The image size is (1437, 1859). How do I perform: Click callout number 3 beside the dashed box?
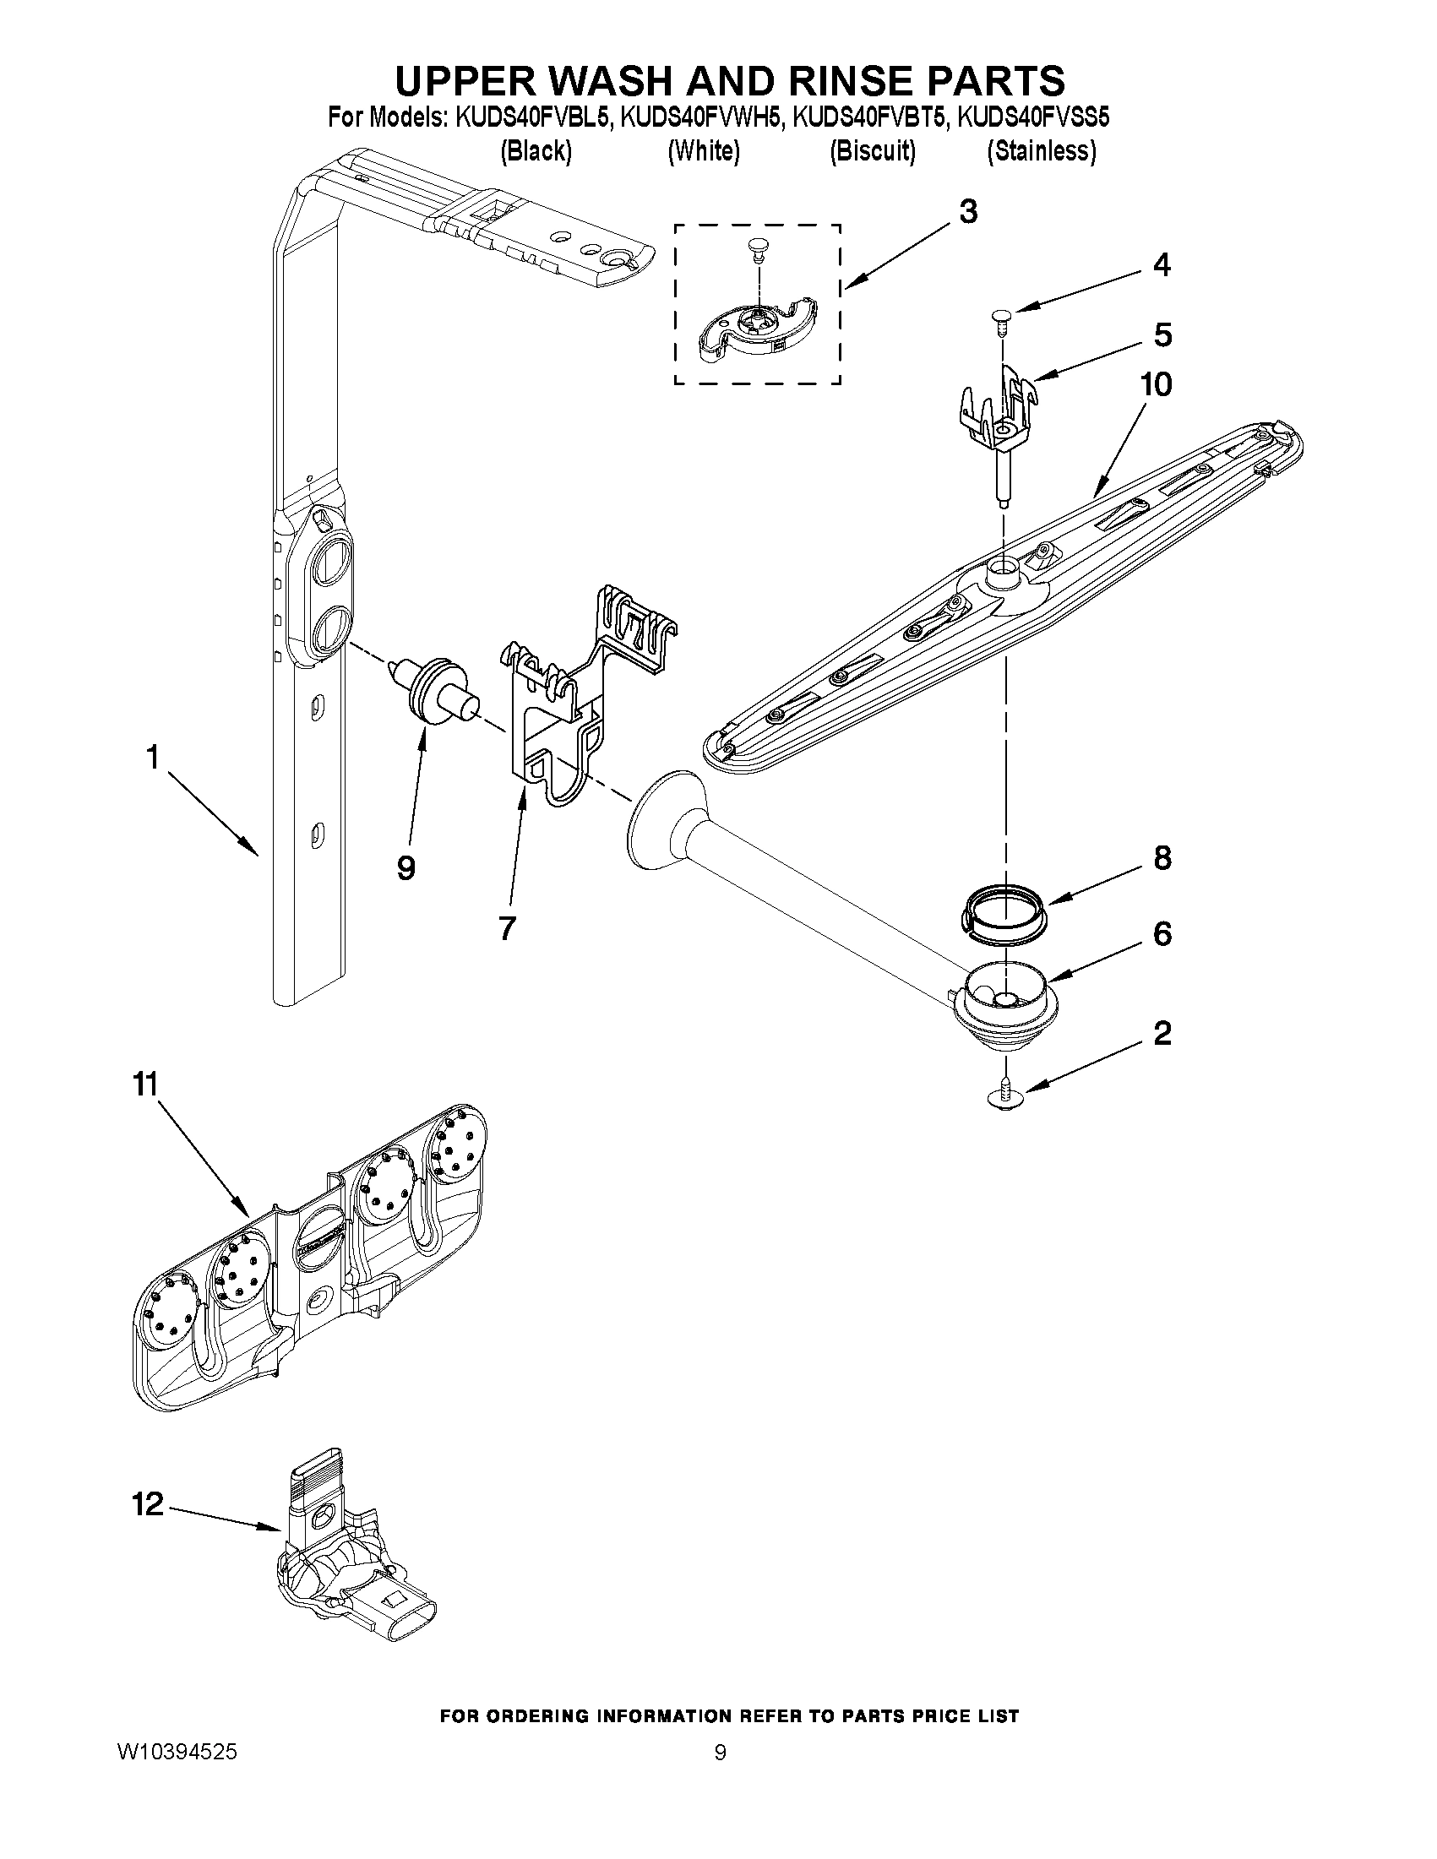pyautogui.click(x=967, y=212)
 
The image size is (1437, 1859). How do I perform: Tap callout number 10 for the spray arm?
pyautogui.click(x=1156, y=385)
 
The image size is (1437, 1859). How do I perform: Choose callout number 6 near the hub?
pyautogui.click(x=1162, y=934)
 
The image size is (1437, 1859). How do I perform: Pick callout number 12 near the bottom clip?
pyautogui.click(x=147, y=1504)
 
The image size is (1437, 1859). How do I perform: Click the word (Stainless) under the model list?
pyautogui.click(x=1040, y=151)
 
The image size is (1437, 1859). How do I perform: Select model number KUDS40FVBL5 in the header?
pyautogui.click(x=533, y=117)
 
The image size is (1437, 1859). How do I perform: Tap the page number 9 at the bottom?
pyautogui.click(x=720, y=1753)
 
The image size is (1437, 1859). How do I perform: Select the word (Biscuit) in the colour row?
pyautogui.click(x=873, y=151)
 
